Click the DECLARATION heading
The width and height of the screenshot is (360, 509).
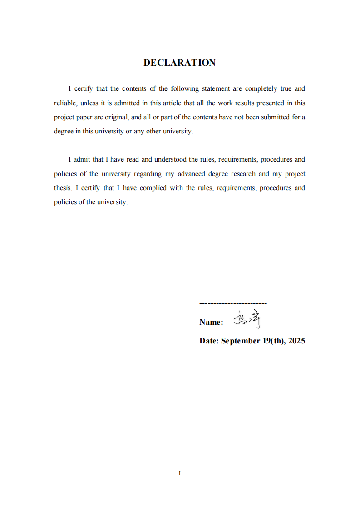coord(179,63)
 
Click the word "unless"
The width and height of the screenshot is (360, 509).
coord(89,103)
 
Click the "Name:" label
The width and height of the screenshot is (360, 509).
coord(211,322)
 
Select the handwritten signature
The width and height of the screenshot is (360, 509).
coord(247,319)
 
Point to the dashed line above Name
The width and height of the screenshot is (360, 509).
coord(233,303)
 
